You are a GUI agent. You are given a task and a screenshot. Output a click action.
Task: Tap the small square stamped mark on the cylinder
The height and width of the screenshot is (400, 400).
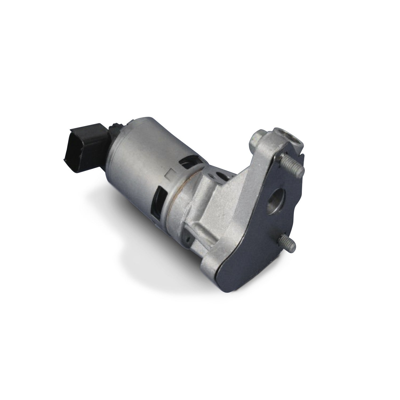pyautogui.click(x=170, y=175)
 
